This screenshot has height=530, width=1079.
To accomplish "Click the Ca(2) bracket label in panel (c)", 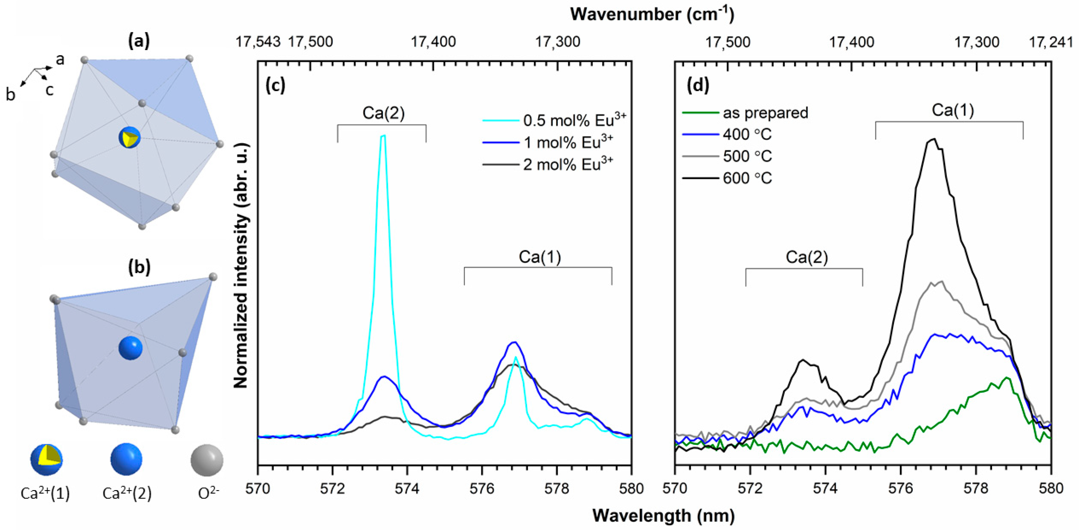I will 383,113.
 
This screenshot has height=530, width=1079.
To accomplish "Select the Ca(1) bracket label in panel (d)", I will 953,110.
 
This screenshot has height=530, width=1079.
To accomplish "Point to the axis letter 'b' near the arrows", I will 10,95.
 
